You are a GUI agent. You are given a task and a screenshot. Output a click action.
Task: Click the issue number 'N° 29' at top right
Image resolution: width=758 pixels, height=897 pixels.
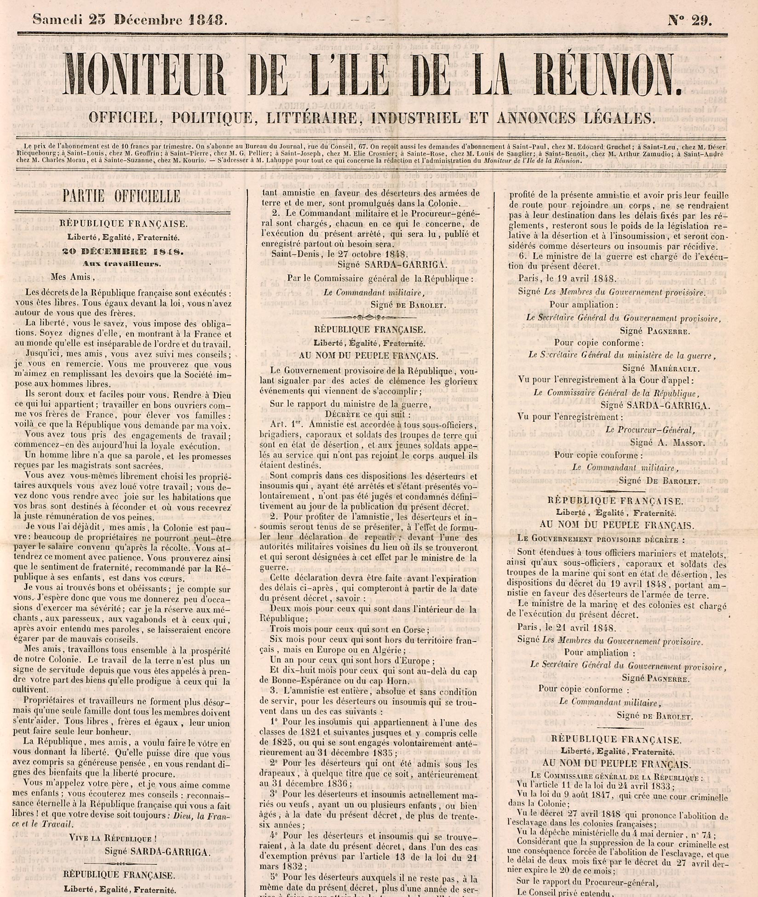689,20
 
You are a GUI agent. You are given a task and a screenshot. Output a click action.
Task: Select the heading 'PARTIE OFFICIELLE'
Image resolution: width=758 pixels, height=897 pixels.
121,196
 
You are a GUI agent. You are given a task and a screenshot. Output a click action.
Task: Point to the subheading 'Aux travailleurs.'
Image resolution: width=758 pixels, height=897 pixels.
122,264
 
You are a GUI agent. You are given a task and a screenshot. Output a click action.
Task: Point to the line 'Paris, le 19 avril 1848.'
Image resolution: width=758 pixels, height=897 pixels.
567,278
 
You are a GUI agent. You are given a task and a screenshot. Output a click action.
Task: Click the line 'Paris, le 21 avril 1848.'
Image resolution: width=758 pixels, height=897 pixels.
568,628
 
